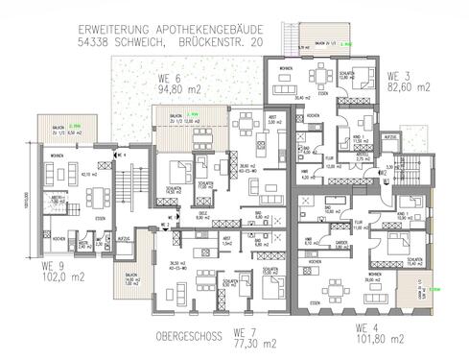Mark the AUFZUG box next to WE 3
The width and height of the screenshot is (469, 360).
(x=388, y=139)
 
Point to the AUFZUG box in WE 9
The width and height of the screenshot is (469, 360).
(x=123, y=239)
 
